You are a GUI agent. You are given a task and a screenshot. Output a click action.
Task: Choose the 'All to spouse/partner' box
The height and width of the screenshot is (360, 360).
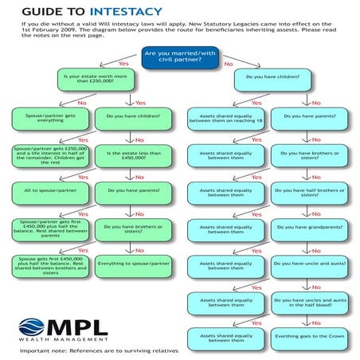pos(47,190)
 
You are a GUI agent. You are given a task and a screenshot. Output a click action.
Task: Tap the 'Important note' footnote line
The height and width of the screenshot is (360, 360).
pos(99,350)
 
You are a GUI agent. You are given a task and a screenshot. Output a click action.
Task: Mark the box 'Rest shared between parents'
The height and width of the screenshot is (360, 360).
pos(47,227)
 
